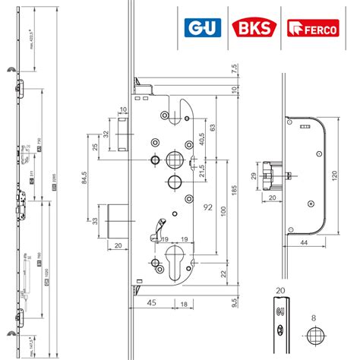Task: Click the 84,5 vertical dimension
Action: pos(82,182)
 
